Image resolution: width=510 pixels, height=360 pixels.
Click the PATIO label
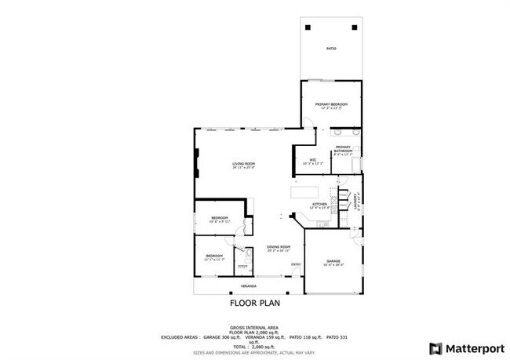pyautogui.click(x=331, y=49)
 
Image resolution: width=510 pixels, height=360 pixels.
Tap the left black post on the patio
pyautogui.click(x=308, y=27)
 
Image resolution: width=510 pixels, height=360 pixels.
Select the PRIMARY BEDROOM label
pyautogui.click(x=331, y=104)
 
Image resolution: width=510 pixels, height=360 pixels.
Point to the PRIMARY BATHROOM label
pyautogui.click(x=343, y=149)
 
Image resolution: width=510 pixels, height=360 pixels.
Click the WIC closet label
pyautogui.click(x=312, y=161)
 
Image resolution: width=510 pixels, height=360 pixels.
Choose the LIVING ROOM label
pyautogui.click(x=243, y=164)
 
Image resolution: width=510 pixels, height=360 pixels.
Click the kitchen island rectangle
pyautogui.click(x=304, y=191)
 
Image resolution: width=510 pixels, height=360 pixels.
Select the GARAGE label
pyautogui.click(x=333, y=260)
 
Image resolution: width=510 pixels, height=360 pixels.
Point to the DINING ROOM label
pyautogui.click(x=279, y=246)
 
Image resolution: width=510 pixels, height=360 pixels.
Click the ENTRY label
pyautogui.click(x=296, y=264)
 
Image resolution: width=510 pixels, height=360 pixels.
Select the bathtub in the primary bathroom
pyautogui.click(x=357, y=163)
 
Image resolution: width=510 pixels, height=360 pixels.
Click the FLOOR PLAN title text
pyautogui.click(x=254, y=302)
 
